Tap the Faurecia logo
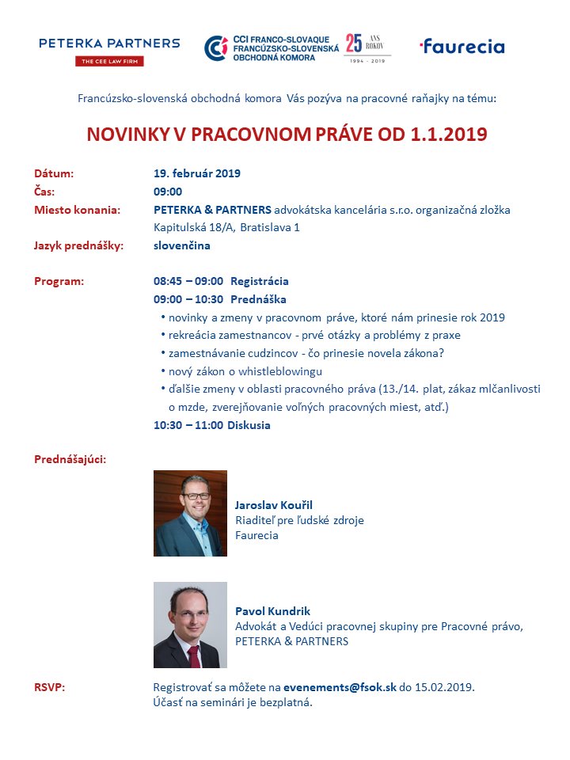(x=462, y=46)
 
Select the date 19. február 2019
(x=197, y=173)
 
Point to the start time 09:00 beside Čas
(x=168, y=192)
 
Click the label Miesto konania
(x=77, y=210)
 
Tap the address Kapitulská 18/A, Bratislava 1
(x=226, y=227)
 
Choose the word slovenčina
(x=181, y=245)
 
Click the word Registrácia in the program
(x=259, y=281)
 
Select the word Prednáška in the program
(x=258, y=299)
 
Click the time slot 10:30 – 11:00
(x=188, y=425)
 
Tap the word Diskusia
(x=249, y=425)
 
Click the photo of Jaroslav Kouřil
(x=190, y=513)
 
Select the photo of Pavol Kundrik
(x=190, y=625)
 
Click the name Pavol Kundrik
(x=272, y=611)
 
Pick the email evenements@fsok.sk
(x=340, y=686)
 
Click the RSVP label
(x=49, y=686)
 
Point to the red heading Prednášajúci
(x=70, y=459)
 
